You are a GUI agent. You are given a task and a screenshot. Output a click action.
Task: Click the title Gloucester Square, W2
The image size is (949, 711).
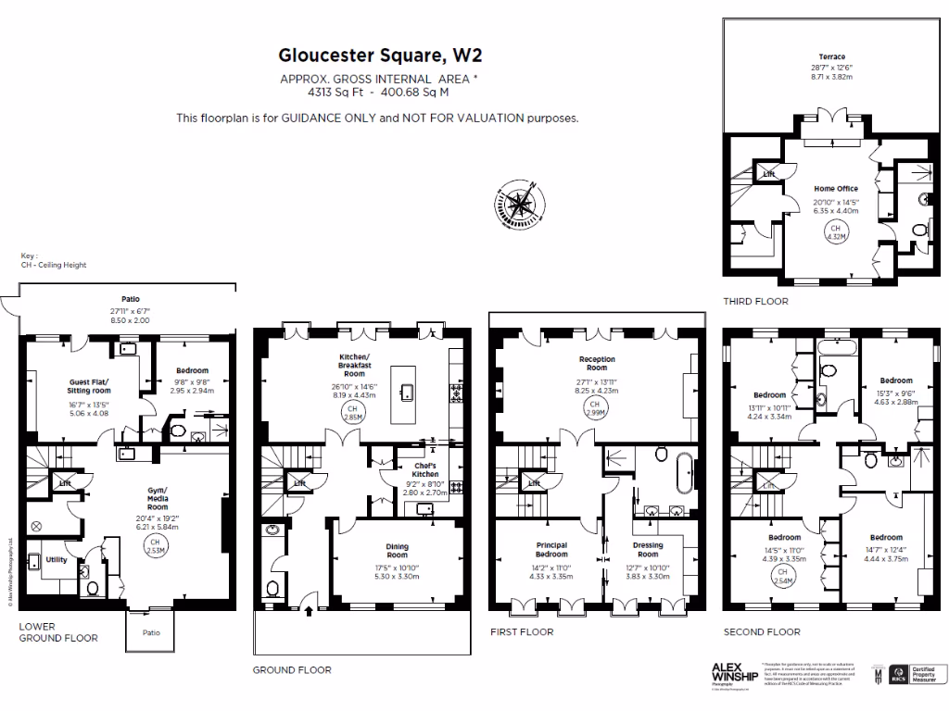click(x=380, y=56)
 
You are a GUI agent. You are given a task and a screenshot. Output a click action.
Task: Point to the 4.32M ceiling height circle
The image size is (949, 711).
click(x=835, y=232)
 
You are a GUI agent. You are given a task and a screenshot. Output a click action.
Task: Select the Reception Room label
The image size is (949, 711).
click(x=596, y=363)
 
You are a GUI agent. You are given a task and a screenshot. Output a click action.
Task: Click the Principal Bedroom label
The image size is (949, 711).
click(x=550, y=549)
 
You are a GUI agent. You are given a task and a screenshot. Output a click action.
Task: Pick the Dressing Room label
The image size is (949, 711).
click(x=648, y=549)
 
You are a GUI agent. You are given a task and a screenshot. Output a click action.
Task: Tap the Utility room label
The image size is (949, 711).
click(x=56, y=559)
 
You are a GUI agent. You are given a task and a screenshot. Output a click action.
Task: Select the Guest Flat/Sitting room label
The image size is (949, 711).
click(x=89, y=386)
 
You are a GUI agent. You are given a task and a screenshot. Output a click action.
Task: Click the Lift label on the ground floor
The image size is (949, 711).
click(x=299, y=483)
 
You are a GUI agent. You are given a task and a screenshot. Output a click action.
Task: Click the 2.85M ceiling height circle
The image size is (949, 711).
click(x=352, y=412)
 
